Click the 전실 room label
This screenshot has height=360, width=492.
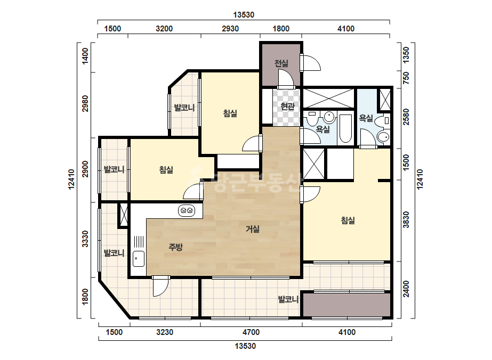point(281,63)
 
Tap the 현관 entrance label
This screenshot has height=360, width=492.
point(287,107)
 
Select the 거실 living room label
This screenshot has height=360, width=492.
point(253,229)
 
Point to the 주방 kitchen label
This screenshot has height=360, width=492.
point(176,248)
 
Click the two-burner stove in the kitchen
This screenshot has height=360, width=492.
point(187,210)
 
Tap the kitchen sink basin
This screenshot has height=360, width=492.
point(139,259)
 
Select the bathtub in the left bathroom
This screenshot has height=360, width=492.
point(345,128)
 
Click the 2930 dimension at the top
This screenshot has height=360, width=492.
point(230,29)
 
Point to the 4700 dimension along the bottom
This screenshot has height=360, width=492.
point(251,332)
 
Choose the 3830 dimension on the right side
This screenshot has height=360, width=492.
point(406,220)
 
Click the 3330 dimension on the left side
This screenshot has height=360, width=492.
point(85,239)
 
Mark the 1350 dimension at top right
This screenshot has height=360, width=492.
point(406,55)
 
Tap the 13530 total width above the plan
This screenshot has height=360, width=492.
point(244,15)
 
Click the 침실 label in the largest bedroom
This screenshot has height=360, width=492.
point(348,220)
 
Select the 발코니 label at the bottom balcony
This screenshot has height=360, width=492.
point(288,299)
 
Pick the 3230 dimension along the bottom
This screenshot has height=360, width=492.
point(165,332)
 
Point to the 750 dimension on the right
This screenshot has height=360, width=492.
point(406,78)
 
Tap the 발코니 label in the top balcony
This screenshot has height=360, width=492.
point(184,108)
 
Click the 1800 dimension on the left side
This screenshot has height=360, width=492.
point(85,297)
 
